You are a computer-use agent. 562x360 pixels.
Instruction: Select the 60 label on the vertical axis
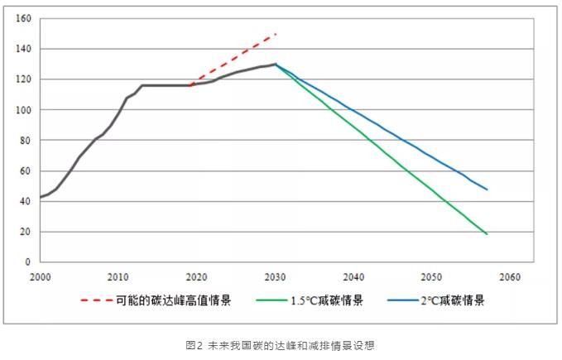click(x=25, y=171)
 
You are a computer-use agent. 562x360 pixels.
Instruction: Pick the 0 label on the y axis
click(x=27, y=262)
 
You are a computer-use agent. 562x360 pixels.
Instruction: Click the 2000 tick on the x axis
click(x=40, y=276)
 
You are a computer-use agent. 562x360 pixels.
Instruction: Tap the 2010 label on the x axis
click(x=118, y=276)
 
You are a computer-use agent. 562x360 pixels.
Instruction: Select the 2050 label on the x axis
click(x=431, y=276)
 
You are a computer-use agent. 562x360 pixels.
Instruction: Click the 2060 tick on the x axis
click(x=510, y=276)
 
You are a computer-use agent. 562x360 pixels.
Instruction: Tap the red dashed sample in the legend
click(x=96, y=300)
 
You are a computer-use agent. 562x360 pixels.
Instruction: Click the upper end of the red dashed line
click(x=276, y=34)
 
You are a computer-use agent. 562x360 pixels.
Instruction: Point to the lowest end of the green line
click(x=488, y=234)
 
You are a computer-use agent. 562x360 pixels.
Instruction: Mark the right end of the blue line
click(x=488, y=190)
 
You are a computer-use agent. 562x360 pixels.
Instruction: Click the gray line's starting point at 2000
click(x=40, y=198)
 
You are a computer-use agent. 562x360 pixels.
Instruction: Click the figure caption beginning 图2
click(x=281, y=345)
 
